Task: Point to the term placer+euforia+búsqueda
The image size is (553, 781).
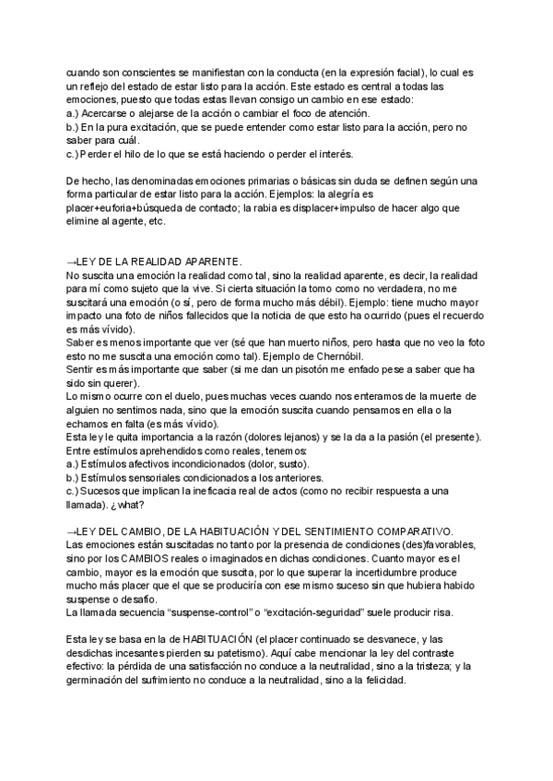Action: point(135,208)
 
